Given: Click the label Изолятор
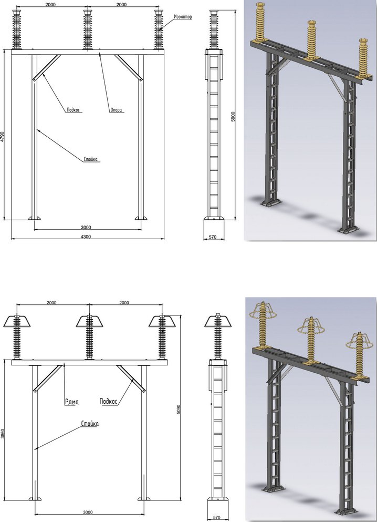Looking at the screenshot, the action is pyautogui.click(x=183, y=17).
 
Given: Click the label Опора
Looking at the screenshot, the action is pyautogui.click(x=117, y=109).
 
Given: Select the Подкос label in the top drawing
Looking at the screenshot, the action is pyautogui.click(x=74, y=109).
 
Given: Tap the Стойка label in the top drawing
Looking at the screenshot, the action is pyautogui.click(x=90, y=159).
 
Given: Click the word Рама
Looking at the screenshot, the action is pyautogui.click(x=71, y=402).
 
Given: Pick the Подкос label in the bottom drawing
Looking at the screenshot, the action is pyautogui.click(x=109, y=402).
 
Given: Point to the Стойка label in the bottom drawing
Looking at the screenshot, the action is pyautogui.click(x=90, y=424).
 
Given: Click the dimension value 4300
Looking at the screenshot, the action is pyautogui.click(x=86, y=237).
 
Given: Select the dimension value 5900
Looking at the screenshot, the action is pyautogui.click(x=233, y=117).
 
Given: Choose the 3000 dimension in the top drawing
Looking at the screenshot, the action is pyautogui.click(x=86, y=228).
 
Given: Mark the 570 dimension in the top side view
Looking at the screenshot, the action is pyautogui.click(x=213, y=237).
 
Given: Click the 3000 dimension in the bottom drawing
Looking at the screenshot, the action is pyautogui.click(x=88, y=513).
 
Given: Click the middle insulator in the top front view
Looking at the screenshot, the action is pyautogui.click(x=88, y=29).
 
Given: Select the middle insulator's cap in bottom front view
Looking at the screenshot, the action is pyautogui.click(x=89, y=321).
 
